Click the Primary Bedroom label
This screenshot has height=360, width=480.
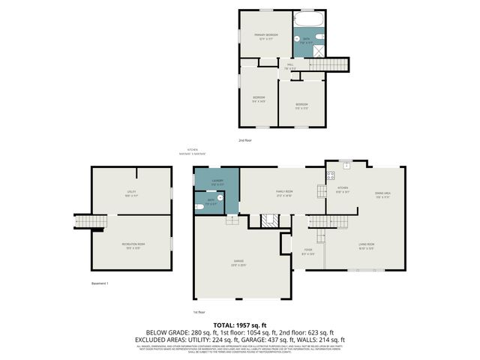265,36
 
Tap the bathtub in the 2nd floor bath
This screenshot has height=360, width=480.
307,19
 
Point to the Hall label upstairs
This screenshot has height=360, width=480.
289,67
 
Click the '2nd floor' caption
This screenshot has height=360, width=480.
245,140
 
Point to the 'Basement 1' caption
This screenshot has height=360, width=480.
100,283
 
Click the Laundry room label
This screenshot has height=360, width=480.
217,182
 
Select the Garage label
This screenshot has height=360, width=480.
237,262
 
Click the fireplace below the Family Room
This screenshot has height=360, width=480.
269,220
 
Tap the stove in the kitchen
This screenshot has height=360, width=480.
330,176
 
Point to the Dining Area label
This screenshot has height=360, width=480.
382,195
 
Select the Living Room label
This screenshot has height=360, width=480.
366,245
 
